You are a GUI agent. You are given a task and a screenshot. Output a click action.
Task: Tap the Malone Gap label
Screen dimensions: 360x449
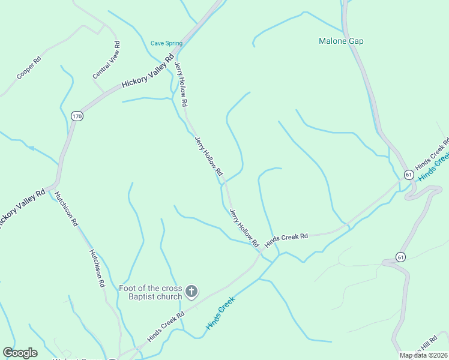pyautogui.click(x=341, y=41)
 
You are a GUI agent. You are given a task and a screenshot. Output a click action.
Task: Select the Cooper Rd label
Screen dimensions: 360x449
pyautogui.click(x=28, y=68)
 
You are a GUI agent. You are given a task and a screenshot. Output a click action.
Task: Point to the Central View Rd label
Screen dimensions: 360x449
pyautogui.click(x=107, y=60)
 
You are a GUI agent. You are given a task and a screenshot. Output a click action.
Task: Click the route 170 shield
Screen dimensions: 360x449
pyautogui.click(x=76, y=116)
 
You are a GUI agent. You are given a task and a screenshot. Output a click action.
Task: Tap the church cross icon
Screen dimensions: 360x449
pyautogui.click(x=191, y=292)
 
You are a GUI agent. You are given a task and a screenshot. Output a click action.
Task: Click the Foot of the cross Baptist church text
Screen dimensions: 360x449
pyautogui.click(x=150, y=292)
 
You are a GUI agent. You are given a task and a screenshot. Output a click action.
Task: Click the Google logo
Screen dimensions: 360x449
pyautogui.click(x=20, y=353)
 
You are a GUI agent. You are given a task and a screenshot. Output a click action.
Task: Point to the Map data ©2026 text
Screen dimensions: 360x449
pyautogui.click(x=423, y=355)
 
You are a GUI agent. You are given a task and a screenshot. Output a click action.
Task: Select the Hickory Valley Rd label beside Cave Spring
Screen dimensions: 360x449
pyautogui.click(x=148, y=71)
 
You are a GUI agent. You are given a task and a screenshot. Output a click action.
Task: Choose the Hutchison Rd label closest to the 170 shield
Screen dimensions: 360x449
pyautogui.click(x=67, y=208)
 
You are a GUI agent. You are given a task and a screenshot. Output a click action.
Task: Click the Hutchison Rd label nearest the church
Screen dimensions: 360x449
pyautogui.click(x=97, y=268)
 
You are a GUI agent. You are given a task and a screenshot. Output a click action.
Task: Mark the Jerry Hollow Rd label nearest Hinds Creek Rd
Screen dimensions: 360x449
pyautogui.click(x=244, y=227)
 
